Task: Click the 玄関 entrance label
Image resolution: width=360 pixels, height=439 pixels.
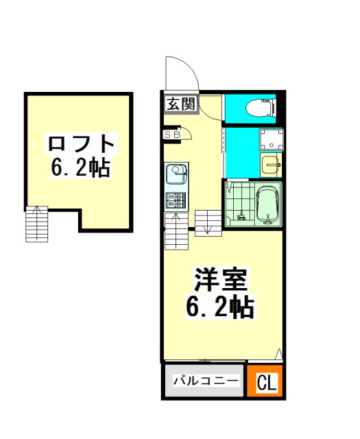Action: (181, 104)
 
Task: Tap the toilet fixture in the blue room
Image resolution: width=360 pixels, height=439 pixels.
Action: (261, 108)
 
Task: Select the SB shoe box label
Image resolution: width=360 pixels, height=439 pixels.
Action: (172, 135)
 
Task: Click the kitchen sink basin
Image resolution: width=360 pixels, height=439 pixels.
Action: (176, 173)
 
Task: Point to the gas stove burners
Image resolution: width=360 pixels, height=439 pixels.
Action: (176, 201)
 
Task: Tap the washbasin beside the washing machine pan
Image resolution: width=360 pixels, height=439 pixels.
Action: (271, 165)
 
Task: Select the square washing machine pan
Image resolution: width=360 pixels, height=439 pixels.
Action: (272, 140)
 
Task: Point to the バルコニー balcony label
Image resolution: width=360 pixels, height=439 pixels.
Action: (206, 381)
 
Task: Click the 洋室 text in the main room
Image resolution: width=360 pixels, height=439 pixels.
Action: (221, 279)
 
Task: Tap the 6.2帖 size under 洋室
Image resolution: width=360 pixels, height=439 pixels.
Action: (220, 307)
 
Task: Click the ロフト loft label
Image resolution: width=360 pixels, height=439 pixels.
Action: (81, 143)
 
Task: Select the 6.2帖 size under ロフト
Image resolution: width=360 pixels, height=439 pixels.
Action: (80, 167)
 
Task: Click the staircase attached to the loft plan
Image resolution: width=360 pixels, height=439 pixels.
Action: (36, 224)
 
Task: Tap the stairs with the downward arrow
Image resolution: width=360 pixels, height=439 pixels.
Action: (208, 223)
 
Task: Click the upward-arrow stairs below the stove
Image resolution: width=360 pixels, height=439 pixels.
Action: (176, 231)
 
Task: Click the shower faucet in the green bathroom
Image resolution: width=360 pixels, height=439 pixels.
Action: (240, 216)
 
